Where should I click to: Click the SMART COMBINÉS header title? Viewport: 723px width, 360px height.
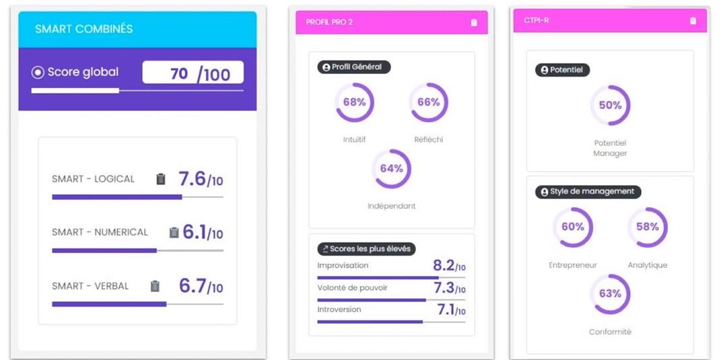pos(83,29)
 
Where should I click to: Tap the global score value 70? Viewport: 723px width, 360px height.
pos(179,73)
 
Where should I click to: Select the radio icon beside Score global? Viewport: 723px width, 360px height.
pos(38,73)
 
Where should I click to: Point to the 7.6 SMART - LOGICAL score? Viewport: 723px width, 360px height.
pos(192,179)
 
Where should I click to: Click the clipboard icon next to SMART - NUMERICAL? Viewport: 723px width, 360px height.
pos(174,232)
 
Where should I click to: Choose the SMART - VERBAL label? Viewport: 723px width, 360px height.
pos(90,286)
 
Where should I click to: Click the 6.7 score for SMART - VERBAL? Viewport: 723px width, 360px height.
pos(192,286)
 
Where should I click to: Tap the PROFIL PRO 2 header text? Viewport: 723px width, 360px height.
pos(329,22)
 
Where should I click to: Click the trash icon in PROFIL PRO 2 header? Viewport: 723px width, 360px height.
pos(474,22)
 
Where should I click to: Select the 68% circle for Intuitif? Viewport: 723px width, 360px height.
pos(354,102)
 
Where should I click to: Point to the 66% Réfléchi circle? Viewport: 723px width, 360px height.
pos(428,102)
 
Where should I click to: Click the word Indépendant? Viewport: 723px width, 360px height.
pos(391,206)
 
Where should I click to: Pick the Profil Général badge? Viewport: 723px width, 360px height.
pos(354,67)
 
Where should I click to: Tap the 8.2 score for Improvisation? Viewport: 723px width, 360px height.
pos(444,266)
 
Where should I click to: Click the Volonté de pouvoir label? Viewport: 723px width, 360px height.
pos(352,288)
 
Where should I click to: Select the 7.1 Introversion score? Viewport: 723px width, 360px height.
pos(446,310)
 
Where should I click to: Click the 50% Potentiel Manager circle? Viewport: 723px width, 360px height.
pos(610,106)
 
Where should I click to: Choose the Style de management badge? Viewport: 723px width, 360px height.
pos(588,192)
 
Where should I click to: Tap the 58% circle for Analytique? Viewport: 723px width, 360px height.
pos(647,227)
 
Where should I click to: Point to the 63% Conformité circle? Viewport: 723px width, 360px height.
pos(610,294)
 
